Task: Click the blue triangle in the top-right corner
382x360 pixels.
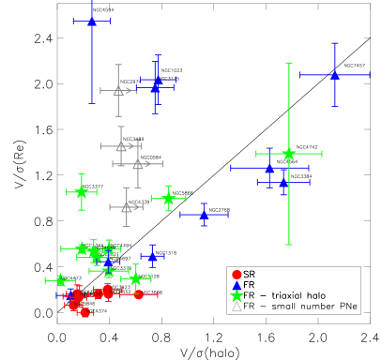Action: pyautogui.click(x=334, y=75)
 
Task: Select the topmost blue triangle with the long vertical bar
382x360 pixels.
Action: pyautogui.click(x=92, y=21)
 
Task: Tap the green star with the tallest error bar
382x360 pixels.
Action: pyautogui.click(x=288, y=153)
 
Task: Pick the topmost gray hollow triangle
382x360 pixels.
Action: pyautogui.click(x=118, y=91)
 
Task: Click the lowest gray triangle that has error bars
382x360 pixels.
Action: pyautogui.click(x=127, y=207)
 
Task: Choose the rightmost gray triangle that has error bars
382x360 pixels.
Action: pyautogui.click(x=138, y=164)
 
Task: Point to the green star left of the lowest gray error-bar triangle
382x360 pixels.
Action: pyautogui.click(x=82, y=192)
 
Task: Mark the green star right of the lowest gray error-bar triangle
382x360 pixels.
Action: pyautogui.click(x=168, y=198)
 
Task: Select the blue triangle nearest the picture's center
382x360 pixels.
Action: pyautogui.click(x=204, y=215)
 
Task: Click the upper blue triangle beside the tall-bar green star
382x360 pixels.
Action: pyautogui.click(x=269, y=168)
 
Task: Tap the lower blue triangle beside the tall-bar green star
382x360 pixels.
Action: pyautogui.click(x=283, y=182)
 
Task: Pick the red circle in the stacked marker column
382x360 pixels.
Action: pyautogui.click(x=237, y=274)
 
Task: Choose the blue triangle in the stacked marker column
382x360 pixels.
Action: pyautogui.click(x=237, y=285)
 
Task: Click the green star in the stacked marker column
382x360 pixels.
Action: pyautogui.click(x=237, y=295)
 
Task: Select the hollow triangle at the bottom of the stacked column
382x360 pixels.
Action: pyautogui.click(x=237, y=307)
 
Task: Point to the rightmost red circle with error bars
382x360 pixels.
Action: pyautogui.click(x=139, y=294)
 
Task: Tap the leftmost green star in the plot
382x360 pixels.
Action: pyautogui.click(x=60, y=280)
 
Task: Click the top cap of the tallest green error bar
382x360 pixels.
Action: pyautogui.click(x=288, y=63)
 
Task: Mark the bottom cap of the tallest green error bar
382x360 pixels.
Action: pyautogui.click(x=288, y=245)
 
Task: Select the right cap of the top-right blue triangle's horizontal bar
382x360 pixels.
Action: pyautogui.click(x=370, y=75)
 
